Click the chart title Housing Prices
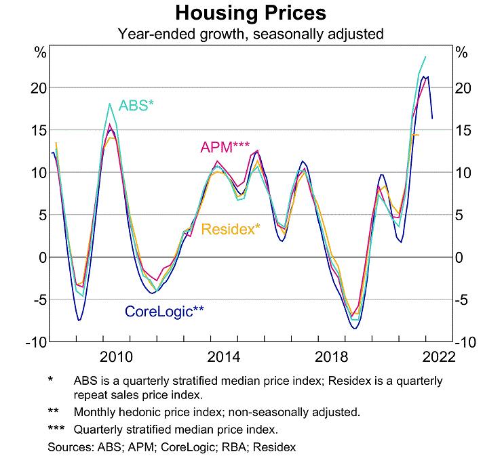250,13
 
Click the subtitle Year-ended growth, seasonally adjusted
250,33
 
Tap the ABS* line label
136,105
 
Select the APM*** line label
225,147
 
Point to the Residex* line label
231,229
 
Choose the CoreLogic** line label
164,312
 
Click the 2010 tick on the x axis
115,356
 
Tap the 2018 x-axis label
331,356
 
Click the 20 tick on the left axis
39,87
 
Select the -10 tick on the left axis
35,342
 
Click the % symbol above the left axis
40,52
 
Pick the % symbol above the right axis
462,52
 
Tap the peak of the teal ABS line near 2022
425,57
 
